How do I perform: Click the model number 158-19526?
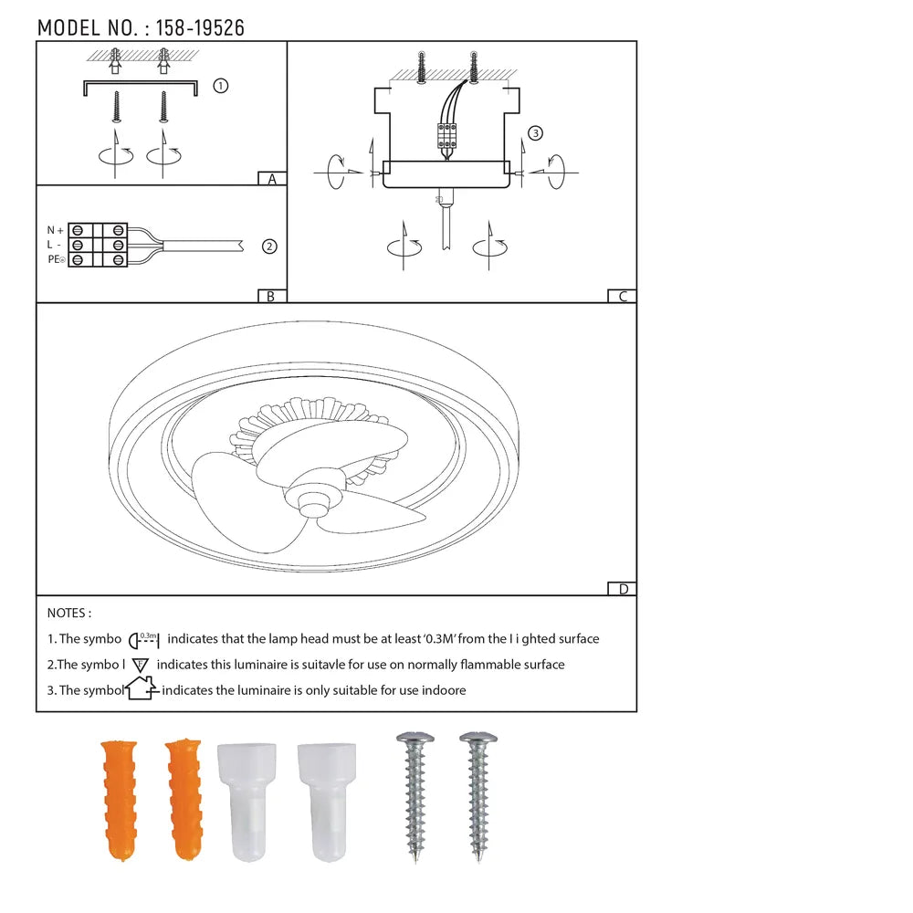click(200, 27)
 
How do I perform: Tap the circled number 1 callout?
click(221, 86)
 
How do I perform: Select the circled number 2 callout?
click(269, 247)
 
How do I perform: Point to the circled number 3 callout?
click(535, 133)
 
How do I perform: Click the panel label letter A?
click(272, 179)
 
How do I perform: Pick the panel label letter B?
click(271, 297)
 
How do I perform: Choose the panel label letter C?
click(623, 297)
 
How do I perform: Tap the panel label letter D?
click(624, 589)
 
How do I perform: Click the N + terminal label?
click(55, 231)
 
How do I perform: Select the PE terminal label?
click(56, 259)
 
